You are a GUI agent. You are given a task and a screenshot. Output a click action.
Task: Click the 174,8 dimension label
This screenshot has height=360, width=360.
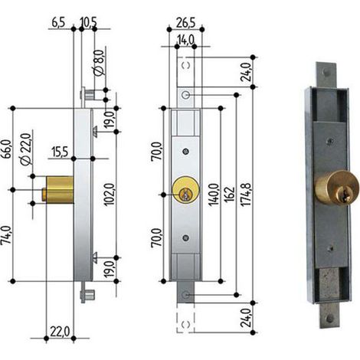pyautogui.click(x=247, y=195)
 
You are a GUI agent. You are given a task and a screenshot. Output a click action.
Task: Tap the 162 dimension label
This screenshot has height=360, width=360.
pyautogui.click(x=230, y=195)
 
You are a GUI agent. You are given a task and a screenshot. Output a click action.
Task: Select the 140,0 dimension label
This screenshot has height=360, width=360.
pyautogui.click(x=214, y=195)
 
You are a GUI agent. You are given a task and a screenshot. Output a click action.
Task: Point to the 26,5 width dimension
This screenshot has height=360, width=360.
pyautogui.click(x=185, y=23)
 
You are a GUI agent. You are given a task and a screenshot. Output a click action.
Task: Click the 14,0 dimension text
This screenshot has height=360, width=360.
pyautogui.click(x=185, y=40)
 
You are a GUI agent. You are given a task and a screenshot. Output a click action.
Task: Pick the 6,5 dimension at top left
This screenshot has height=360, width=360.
pyautogui.click(x=58, y=22)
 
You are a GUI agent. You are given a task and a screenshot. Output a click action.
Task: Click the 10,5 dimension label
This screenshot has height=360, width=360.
pyautogui.click(x=88, y=22)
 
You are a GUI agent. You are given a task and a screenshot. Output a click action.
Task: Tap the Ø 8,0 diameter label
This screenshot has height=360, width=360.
pyautogui.click(x=99, y=63)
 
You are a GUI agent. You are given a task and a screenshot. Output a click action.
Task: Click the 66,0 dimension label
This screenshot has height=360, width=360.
pyautogui.click(x=7, y=149)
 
